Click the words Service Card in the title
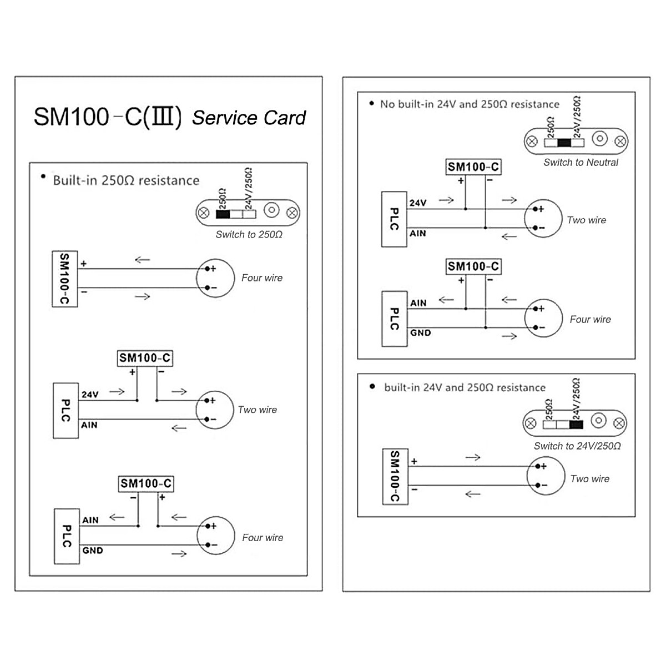coord(249,118)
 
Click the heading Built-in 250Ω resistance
coord(126,180)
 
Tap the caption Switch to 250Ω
coord(249,234)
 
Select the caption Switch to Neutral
coord(581,162)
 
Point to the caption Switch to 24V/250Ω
coord(577,446)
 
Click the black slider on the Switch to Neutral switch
coord(564,143)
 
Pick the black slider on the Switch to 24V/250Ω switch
coord(576,425)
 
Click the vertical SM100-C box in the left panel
coord(65,279)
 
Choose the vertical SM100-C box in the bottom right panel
coord(395,477)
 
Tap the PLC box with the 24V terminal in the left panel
coord(65,411)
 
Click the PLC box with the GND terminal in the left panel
coord(67,536)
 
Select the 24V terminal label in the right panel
coord(418,203)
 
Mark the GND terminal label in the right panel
coord(420,332)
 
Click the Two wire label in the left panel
coord(257,410)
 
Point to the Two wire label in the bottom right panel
coord(589,478)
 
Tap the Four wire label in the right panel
coord(590,319)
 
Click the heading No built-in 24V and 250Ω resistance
coord(470,104)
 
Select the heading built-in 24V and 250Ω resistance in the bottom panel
coord(465,387)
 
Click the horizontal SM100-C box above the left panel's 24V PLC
coord(145,358)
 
